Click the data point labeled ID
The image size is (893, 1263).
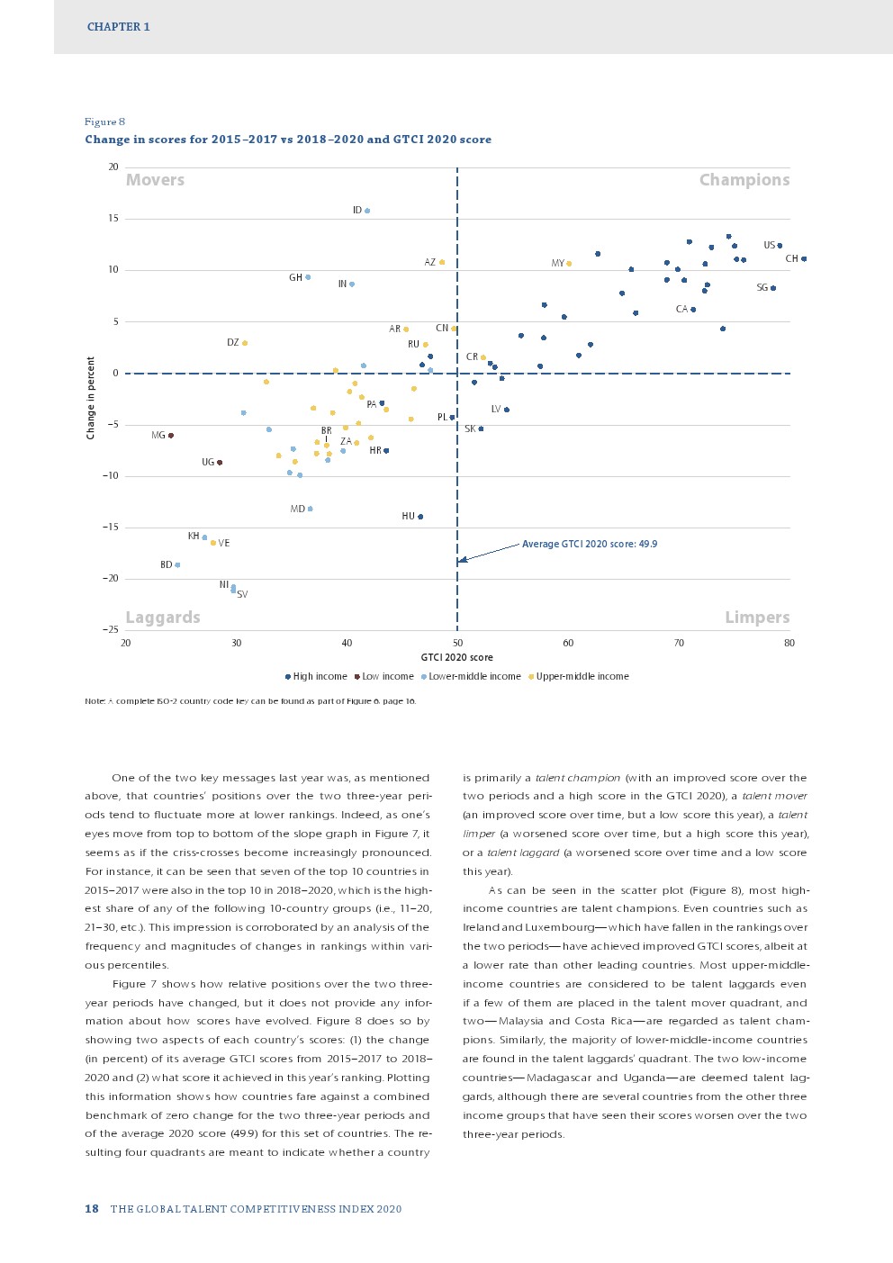[x=367, y=211]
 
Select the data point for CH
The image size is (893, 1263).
[x=804, y=259]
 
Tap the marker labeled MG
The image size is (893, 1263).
[x=171, y=436]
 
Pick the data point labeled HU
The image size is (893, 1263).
[x=420, y=517]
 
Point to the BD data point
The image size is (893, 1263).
[x=177, y=565]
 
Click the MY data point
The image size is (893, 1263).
[x=569, y=264]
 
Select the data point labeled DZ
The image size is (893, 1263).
[x=245, y=343]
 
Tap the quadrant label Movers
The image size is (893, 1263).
[x=155, y=180]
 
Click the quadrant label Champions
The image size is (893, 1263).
[x=744, y=180]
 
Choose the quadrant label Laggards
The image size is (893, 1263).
[x=163, y=618]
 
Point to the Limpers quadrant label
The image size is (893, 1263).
[x=757, y=618]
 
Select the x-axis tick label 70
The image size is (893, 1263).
[x=679, y=643]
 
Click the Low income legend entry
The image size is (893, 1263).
[x=387, y=677]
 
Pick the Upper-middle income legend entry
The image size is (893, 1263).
[x=582, y=677]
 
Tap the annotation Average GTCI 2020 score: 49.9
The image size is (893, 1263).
[x=590, y=544]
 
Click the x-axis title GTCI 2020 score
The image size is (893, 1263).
[x=456, y=657]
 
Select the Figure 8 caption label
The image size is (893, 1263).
[x=105, y=122]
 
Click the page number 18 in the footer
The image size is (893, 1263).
[x=92, y=1209]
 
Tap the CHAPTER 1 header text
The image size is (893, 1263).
[x=119, y=27]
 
